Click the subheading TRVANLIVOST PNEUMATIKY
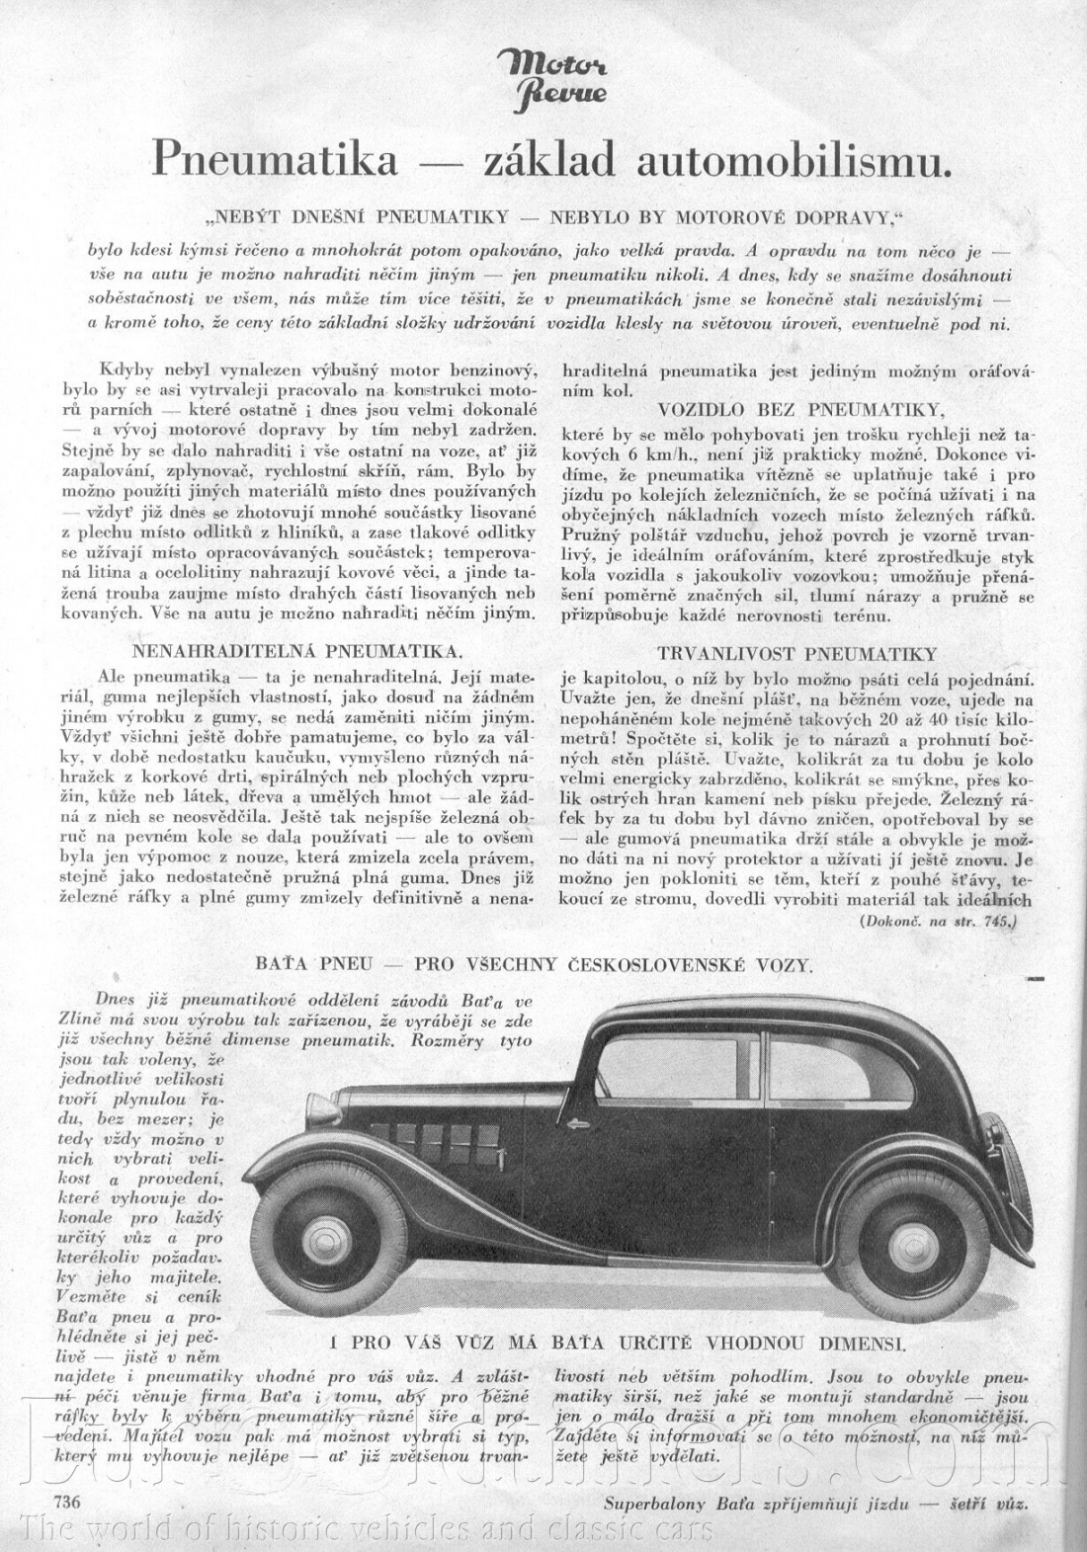(795, 654)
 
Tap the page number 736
(56, 1503)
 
